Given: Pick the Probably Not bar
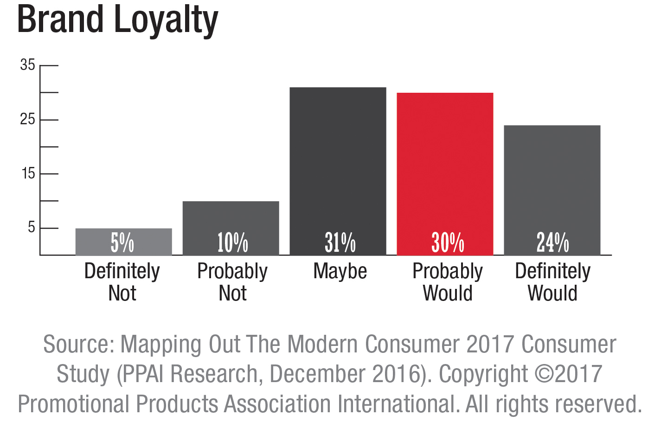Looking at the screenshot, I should point(231,218).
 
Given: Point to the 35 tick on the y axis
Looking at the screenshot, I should point(27,65).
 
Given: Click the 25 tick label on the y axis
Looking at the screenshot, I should point(27,120).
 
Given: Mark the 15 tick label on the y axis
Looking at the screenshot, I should point(28,174).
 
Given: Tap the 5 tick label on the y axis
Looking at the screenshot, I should point(31,228).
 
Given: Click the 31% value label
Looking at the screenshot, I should point(340,243).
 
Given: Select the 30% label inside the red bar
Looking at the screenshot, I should point(448,243).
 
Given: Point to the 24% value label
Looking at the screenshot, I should point(552,243).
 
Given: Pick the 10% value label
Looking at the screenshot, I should point(232,243).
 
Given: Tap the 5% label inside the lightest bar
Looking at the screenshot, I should point(122,243).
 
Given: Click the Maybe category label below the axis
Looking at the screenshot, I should point(340,271).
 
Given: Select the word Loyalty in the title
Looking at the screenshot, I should point(166,21).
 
